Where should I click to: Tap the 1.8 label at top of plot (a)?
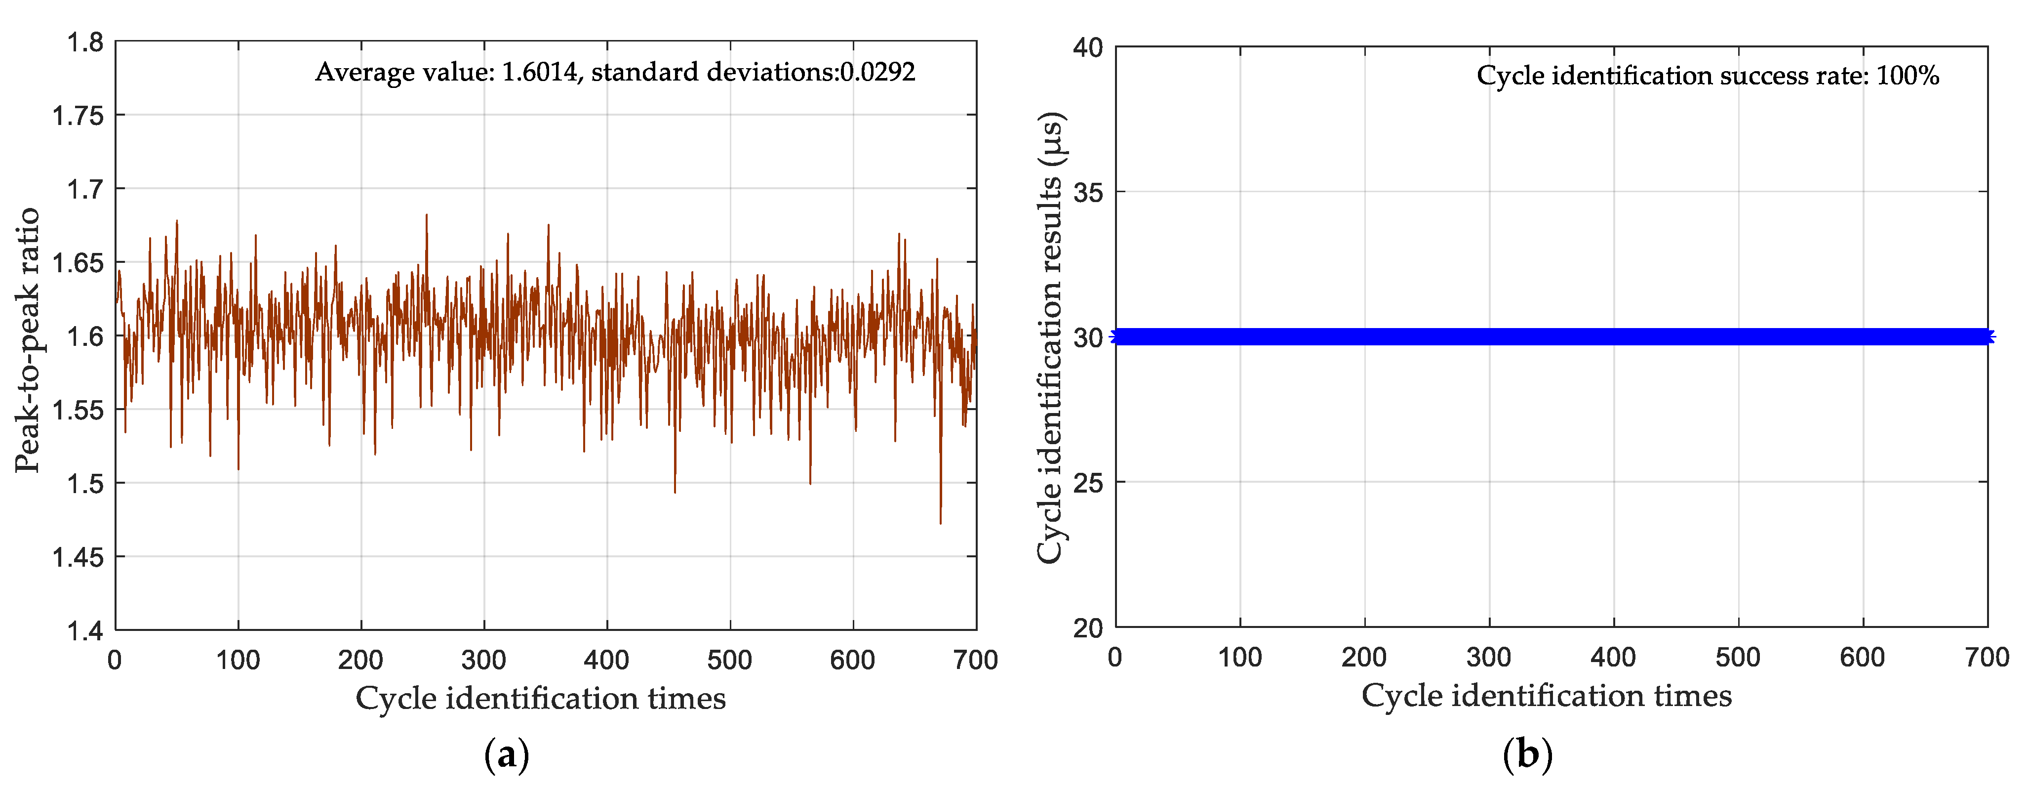[84, 42]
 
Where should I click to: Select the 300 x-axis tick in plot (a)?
[483, 660]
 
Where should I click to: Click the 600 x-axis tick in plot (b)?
[1862, 657]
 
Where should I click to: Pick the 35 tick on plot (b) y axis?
[1088, 192]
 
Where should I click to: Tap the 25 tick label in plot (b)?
[1088, 482]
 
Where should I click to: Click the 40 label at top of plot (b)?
[1088, 47]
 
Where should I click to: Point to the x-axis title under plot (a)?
[540, 698]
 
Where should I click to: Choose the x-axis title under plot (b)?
[1546, 696]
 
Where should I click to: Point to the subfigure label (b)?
[1527, 755]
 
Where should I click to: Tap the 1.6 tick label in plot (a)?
[84, 336]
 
